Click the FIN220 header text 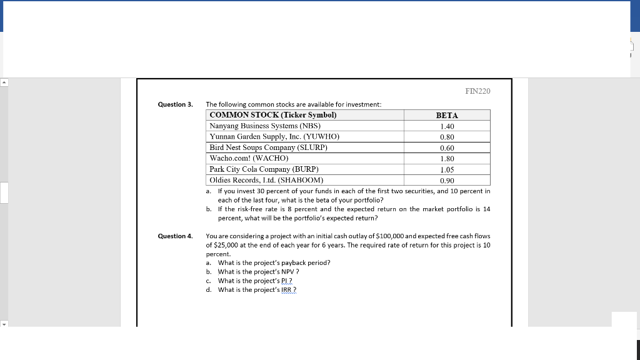pyautogui.click(x=478, y=91)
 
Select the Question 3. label pyautogui.click(x=175, y=104)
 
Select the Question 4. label pyautogui.click(x=175, y=236)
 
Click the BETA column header pyautogui.click(x=446, y=116)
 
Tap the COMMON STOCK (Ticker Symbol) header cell pyautogui.click(x=273, y=115)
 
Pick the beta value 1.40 pyautogui.click(x=446, y=126)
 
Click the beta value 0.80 pyautogui.click(x=446, y=137)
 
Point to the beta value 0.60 pyautogui.click(x=446, y=148)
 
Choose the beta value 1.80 pyautogui.click(x=446, y=159)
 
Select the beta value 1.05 pyautogui.click(x=446, y=169)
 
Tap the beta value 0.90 pyautogui.click(x=446, y=180)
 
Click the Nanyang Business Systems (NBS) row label pyautogui.click(x=265, y=126)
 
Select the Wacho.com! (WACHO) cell pyautogui.click(x=249, y=158)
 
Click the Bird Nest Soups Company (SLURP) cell pyautogui.click(x=269, y=147)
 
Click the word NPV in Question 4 pyautogui.click(x=286, y=272)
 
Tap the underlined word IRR pyautogui.click(x=286, y=290)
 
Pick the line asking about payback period pyautogui.click(x=274, y=262)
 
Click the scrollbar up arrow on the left pyautogui.click(x=4, y=82)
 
